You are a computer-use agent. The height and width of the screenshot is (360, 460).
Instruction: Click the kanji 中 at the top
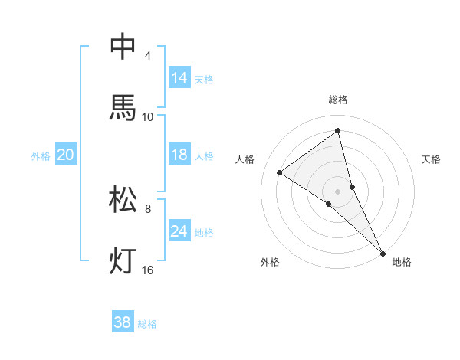[123, 47]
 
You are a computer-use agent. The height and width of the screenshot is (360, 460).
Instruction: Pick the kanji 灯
[123, 260]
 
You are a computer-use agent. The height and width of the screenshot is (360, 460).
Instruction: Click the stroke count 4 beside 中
[148, 56]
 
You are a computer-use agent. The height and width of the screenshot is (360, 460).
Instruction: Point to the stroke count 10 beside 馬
[148, 116]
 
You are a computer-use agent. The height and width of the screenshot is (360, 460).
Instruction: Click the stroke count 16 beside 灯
[148, 270]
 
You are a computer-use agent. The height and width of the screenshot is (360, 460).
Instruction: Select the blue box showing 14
[179, 78]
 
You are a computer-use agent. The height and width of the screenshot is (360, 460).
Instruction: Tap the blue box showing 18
[179, 155]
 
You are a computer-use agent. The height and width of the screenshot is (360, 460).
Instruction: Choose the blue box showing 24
[179, 231]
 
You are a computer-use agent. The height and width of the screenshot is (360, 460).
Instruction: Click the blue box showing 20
[65, 155]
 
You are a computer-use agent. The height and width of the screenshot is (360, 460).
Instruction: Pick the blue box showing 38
[123, 322]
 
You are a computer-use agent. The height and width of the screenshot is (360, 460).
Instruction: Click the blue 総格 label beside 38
[147, 324]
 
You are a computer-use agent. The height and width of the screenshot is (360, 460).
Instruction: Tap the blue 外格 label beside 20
[41, 156]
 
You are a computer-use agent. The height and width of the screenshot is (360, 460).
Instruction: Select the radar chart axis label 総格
[338, 100]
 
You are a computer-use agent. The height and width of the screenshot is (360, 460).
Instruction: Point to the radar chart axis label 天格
[432, 159]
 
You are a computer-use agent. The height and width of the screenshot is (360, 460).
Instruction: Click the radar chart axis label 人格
[245, 159]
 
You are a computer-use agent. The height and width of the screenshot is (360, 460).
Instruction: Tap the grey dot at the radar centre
[338, 191]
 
